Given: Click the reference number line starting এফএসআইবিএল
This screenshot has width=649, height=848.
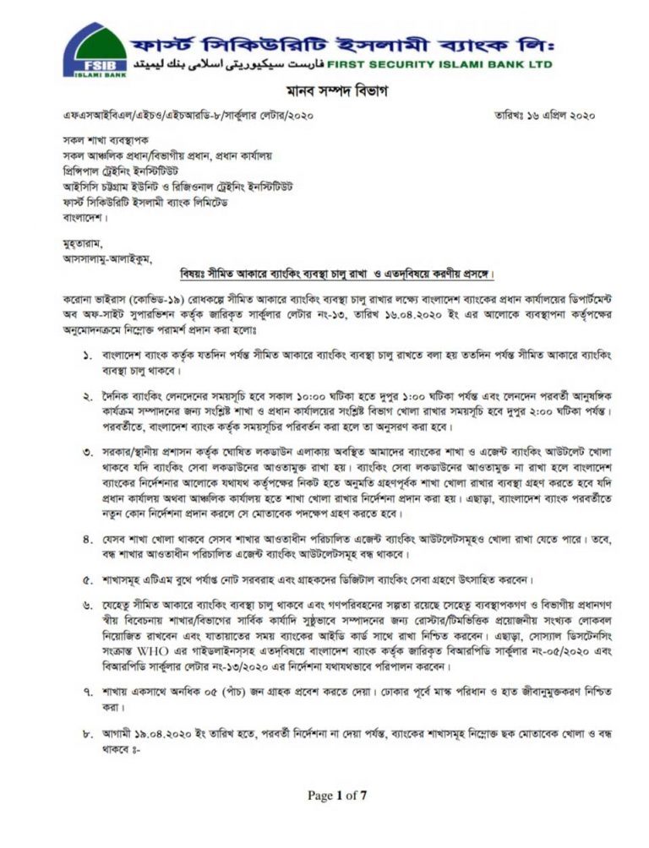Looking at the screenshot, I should (x=177, y=116).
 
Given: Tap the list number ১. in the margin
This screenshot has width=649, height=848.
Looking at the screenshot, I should (x=88, y=349).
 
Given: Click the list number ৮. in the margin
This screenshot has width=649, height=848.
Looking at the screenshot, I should (x=88, y=734).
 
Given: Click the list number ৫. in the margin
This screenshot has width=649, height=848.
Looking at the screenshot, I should (x=88, y=581).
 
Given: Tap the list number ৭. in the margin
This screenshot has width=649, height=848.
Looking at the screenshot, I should (x=88, y=692).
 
